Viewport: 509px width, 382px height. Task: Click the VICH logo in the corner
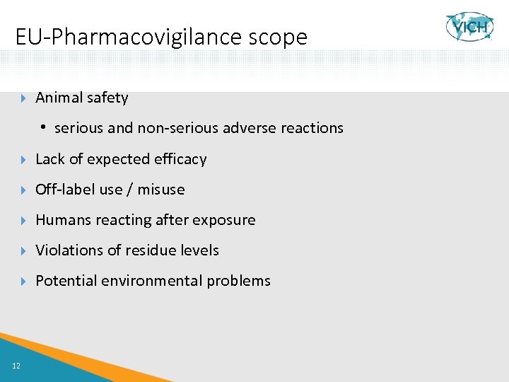469,27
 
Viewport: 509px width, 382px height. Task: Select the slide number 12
16,365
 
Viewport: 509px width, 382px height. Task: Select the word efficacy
182,159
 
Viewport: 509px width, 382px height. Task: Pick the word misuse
161,190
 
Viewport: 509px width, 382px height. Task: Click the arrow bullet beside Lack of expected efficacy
24,159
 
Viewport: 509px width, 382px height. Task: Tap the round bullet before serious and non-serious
44,128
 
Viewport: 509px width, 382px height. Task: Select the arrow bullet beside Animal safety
24,98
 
